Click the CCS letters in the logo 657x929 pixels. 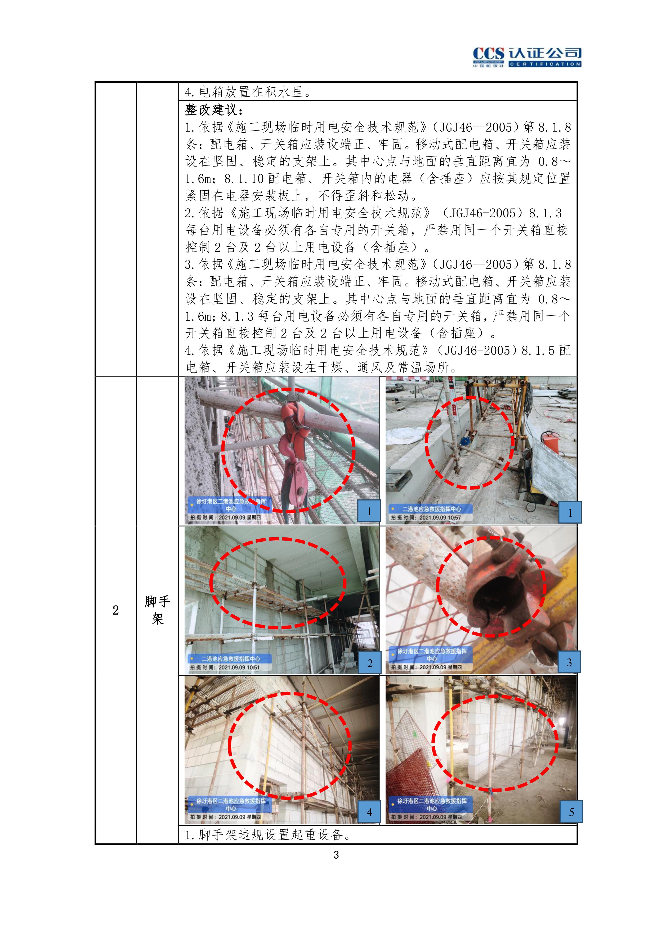tap(489, 53)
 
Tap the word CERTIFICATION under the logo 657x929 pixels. tap(545, 64)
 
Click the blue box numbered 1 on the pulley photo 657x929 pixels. tap(369, 511)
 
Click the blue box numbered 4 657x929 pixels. tap(369, 812)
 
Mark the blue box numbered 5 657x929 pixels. tap(571, 812)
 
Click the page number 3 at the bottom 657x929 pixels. tap(336, 855)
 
